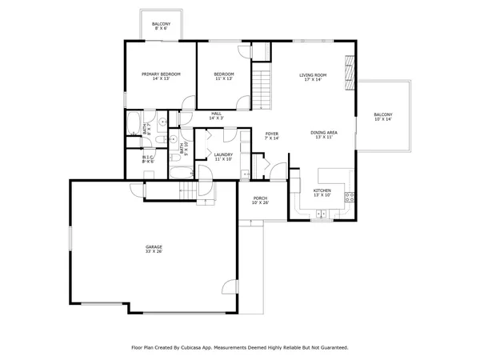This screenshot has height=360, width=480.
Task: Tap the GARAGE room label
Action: click(154, 250)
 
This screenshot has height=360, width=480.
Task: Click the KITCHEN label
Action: click(321, 193)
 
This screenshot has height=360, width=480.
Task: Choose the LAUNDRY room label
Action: click(222, 157)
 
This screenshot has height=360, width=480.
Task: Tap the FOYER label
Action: click(272, 135)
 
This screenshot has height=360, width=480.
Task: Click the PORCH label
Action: click(260, 200)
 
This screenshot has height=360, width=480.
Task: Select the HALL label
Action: click(216, 115)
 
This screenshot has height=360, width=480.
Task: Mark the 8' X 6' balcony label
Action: click(161, 26)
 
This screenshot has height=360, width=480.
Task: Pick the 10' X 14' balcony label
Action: click(383, 117)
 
